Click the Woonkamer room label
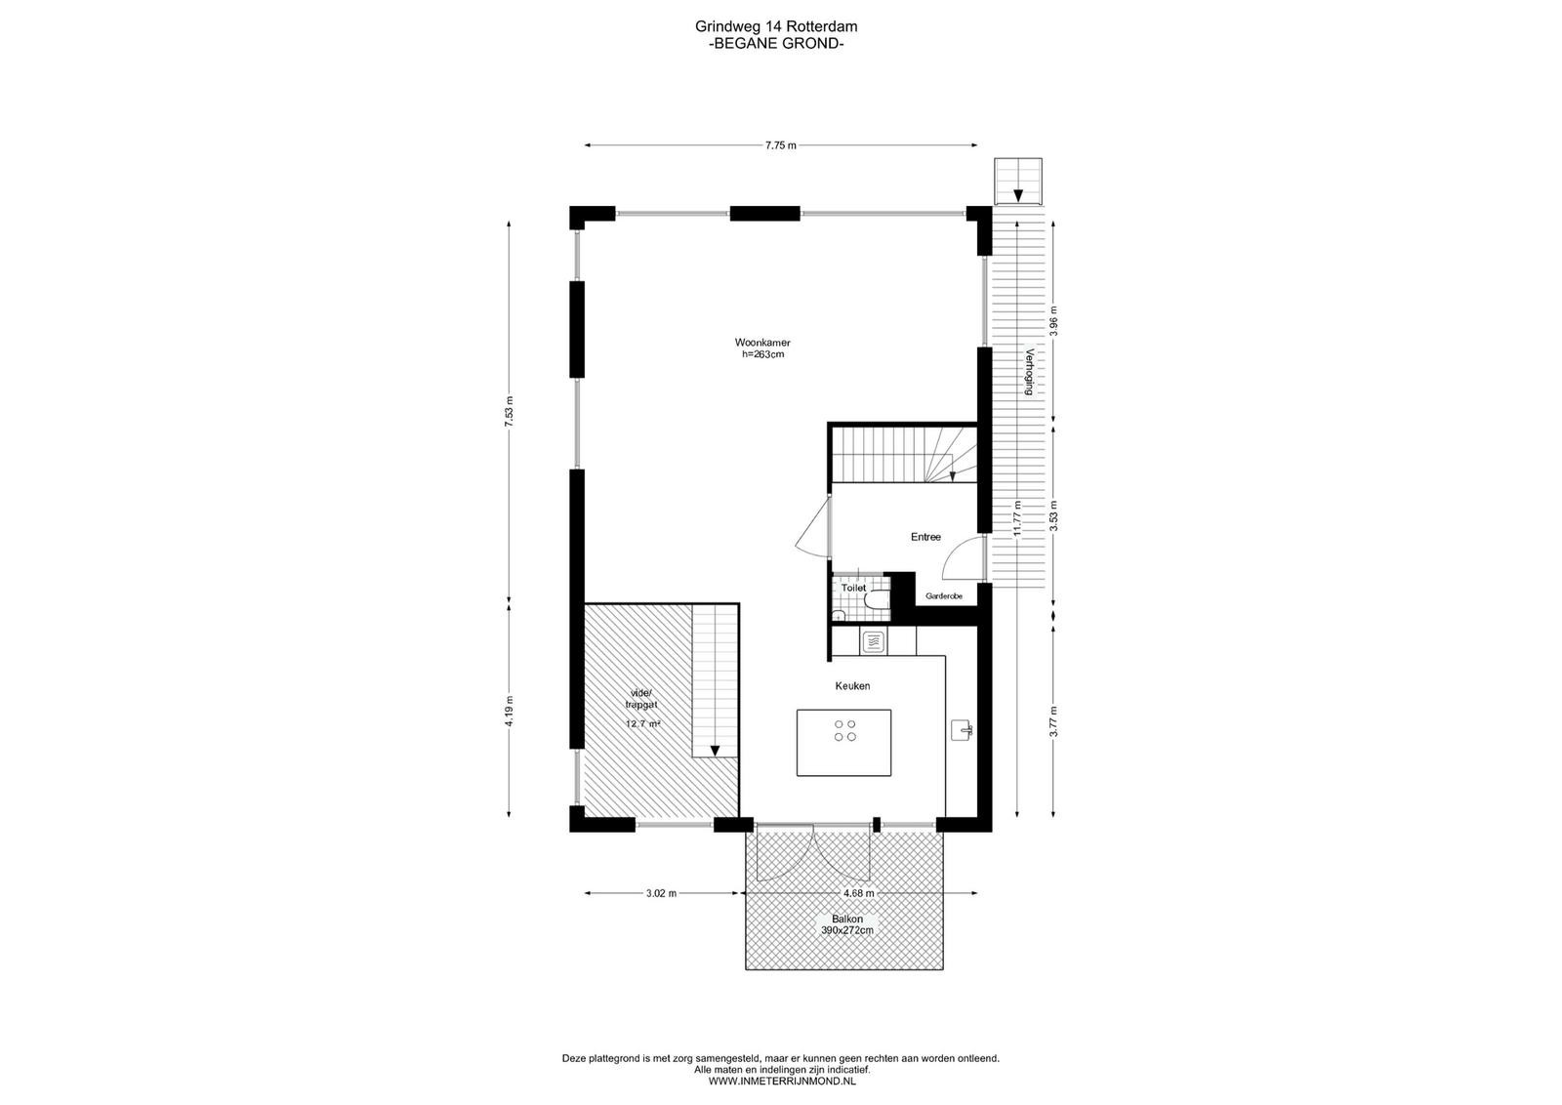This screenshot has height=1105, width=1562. (x=762, y=343)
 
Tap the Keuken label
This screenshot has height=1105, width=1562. (x=852, y=686)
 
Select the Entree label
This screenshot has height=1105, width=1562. (x=925, y=537)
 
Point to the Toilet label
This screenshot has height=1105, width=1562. (x=853, y=588)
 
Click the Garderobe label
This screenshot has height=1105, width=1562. (x=943, y=596)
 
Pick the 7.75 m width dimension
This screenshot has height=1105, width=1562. (x=780, y=145)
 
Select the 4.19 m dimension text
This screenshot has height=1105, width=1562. (x=510, y=712)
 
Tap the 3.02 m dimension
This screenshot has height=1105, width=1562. (x=661, y=893)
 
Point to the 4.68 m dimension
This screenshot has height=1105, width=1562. (x=858, y=893)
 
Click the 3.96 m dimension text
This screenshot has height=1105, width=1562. (x=1053, y=321)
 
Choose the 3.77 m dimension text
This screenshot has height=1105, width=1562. (x=1053, y=721)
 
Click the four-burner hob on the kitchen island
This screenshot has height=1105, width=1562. (x=844, y=730)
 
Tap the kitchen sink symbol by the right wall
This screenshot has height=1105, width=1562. (x=962, y=730)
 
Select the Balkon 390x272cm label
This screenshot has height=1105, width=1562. (x=846, y=924)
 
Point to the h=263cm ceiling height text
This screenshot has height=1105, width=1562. (x=762, y=354)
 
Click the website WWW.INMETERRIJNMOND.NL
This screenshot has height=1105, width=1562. (x=782, y=1082)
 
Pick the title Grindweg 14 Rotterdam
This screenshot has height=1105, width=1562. (x=776, y=26)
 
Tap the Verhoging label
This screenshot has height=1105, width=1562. (x=1028, y=372)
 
